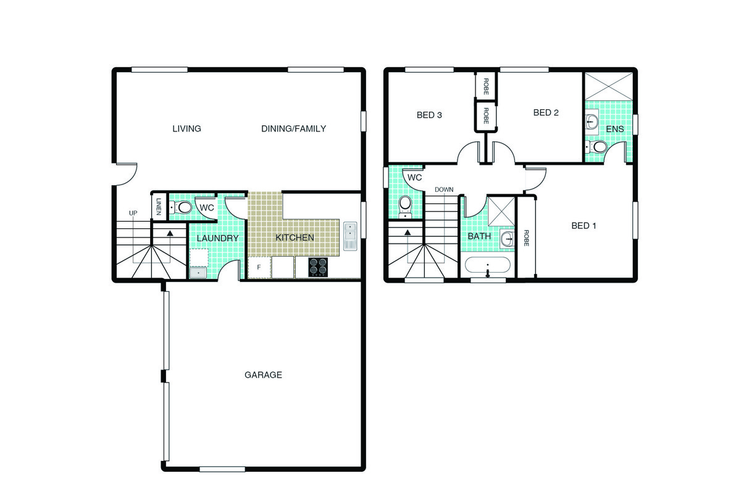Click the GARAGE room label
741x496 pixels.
tap(263, 374)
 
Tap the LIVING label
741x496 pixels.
tap(186, 128)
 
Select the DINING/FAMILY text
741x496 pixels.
tap(293, 128)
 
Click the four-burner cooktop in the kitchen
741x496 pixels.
tap(318, 267)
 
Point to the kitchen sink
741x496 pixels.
tap(350, 236)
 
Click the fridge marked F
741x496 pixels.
tap(259, 267)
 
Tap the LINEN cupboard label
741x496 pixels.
tap(159, 207)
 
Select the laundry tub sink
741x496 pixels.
tap(198, 273)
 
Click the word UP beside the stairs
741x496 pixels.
tap(133, 213)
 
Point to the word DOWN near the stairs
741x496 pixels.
tap(444, 189)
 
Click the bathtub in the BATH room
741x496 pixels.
tap(488, 265)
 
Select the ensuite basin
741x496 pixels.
tap(592, 122)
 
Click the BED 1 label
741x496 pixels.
tap(584, 226)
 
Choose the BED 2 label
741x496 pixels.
tap(546, 113)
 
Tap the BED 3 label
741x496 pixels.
tap(429, 115)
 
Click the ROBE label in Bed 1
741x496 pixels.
tap(526, 238)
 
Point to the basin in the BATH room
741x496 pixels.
tap(507, 239)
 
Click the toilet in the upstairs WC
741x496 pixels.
tap(405, 206)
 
